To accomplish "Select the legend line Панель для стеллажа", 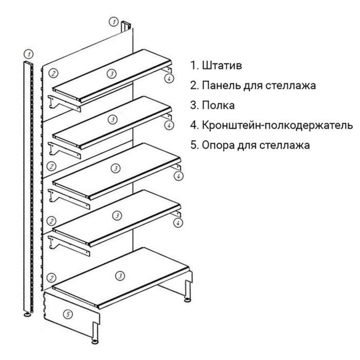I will pyautogui.click(x=258, y=85).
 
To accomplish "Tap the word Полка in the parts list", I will pyautogui.click(x=218, y=105).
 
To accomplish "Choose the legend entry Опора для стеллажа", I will pyautogui.click(x=256, y=145).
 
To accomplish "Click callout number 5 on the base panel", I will pyautogui.click(x=66, y=313).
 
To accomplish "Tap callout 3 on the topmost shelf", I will pyautogui.click(x=111, y=74).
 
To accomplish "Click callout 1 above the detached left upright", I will pyautogui.click(x=29, y=53).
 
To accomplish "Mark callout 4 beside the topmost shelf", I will pyautogui.click(x=168, y=78).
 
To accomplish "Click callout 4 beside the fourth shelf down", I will pyautogui.click(x=178, y=223).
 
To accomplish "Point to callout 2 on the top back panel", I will pyautogui.click(x=52, y=73).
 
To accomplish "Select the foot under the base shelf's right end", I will pyautogui.click(x=188, y=298).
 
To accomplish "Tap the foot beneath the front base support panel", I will pyautogui.click(x=95, y=340).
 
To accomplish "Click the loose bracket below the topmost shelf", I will pyautogui.click(x=64, y=103).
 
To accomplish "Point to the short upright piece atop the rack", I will pyautogui.click(x=126, y=27).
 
